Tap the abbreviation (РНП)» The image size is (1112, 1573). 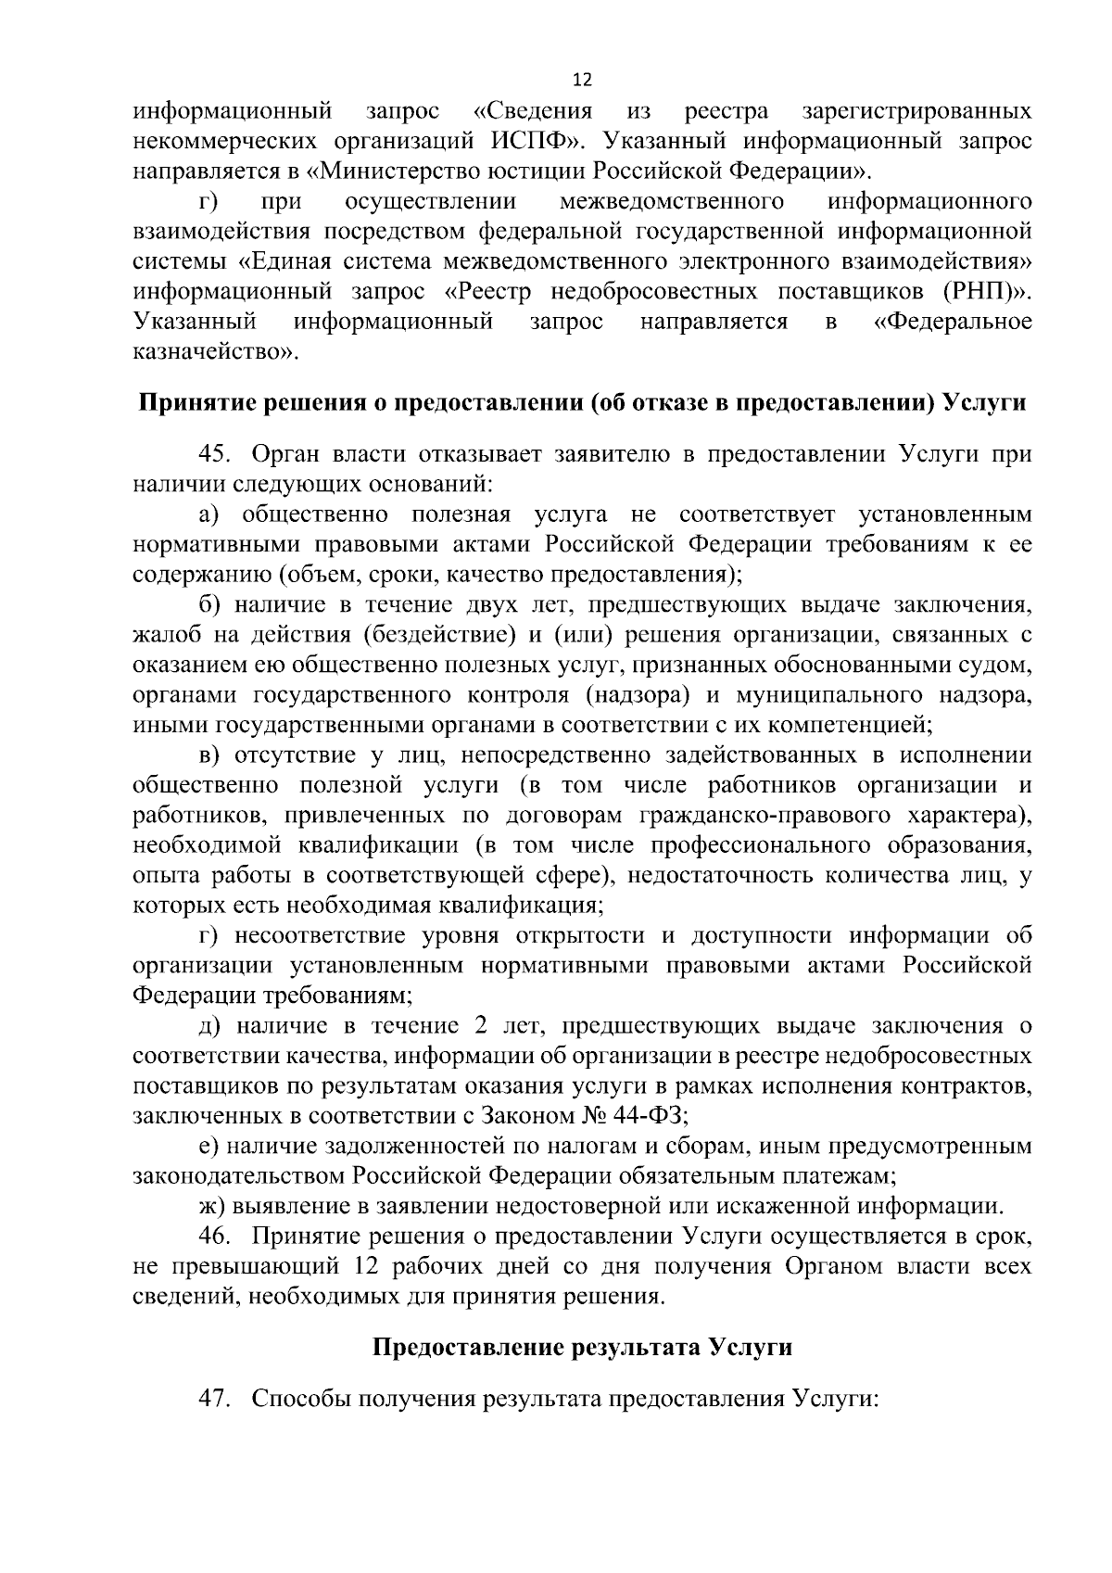point(987,291)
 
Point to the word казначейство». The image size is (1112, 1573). point(217,352)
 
